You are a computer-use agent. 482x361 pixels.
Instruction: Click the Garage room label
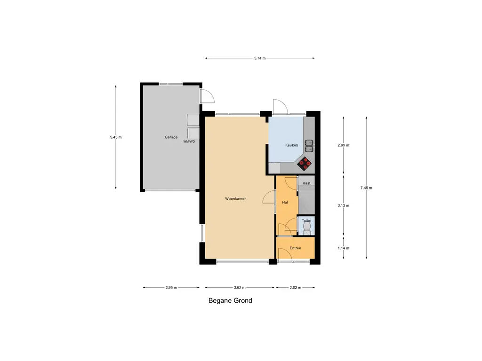pos(171,137)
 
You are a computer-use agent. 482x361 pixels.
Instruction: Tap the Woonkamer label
pos(235,199)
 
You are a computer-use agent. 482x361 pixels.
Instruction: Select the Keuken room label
pos(291,145)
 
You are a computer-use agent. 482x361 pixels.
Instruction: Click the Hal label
pos(285,202)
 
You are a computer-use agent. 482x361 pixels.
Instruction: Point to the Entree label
pos(296,248)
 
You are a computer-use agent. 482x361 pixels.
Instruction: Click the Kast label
pos(306,183)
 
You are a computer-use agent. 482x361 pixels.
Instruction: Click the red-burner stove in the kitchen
pos(305,164)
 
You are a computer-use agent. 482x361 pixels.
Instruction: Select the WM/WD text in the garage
pos(189,141)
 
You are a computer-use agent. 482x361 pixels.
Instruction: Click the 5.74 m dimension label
pos(260,58)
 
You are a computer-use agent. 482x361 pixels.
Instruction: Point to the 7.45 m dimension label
pos(366,188)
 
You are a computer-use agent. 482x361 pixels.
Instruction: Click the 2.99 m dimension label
pos(343,145)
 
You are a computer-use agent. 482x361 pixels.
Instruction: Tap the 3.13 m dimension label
pos(343,205)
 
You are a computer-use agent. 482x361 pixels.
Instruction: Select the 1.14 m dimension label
pos(343,248)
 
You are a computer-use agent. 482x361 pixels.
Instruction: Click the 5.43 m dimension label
pos(116,137)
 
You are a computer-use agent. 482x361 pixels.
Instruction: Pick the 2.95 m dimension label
pos(171,288)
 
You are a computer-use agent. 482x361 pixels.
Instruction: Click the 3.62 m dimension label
pos(240,288)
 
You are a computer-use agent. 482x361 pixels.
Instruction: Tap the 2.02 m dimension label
pos(296,288)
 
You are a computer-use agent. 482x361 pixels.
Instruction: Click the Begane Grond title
pos(230,300)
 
